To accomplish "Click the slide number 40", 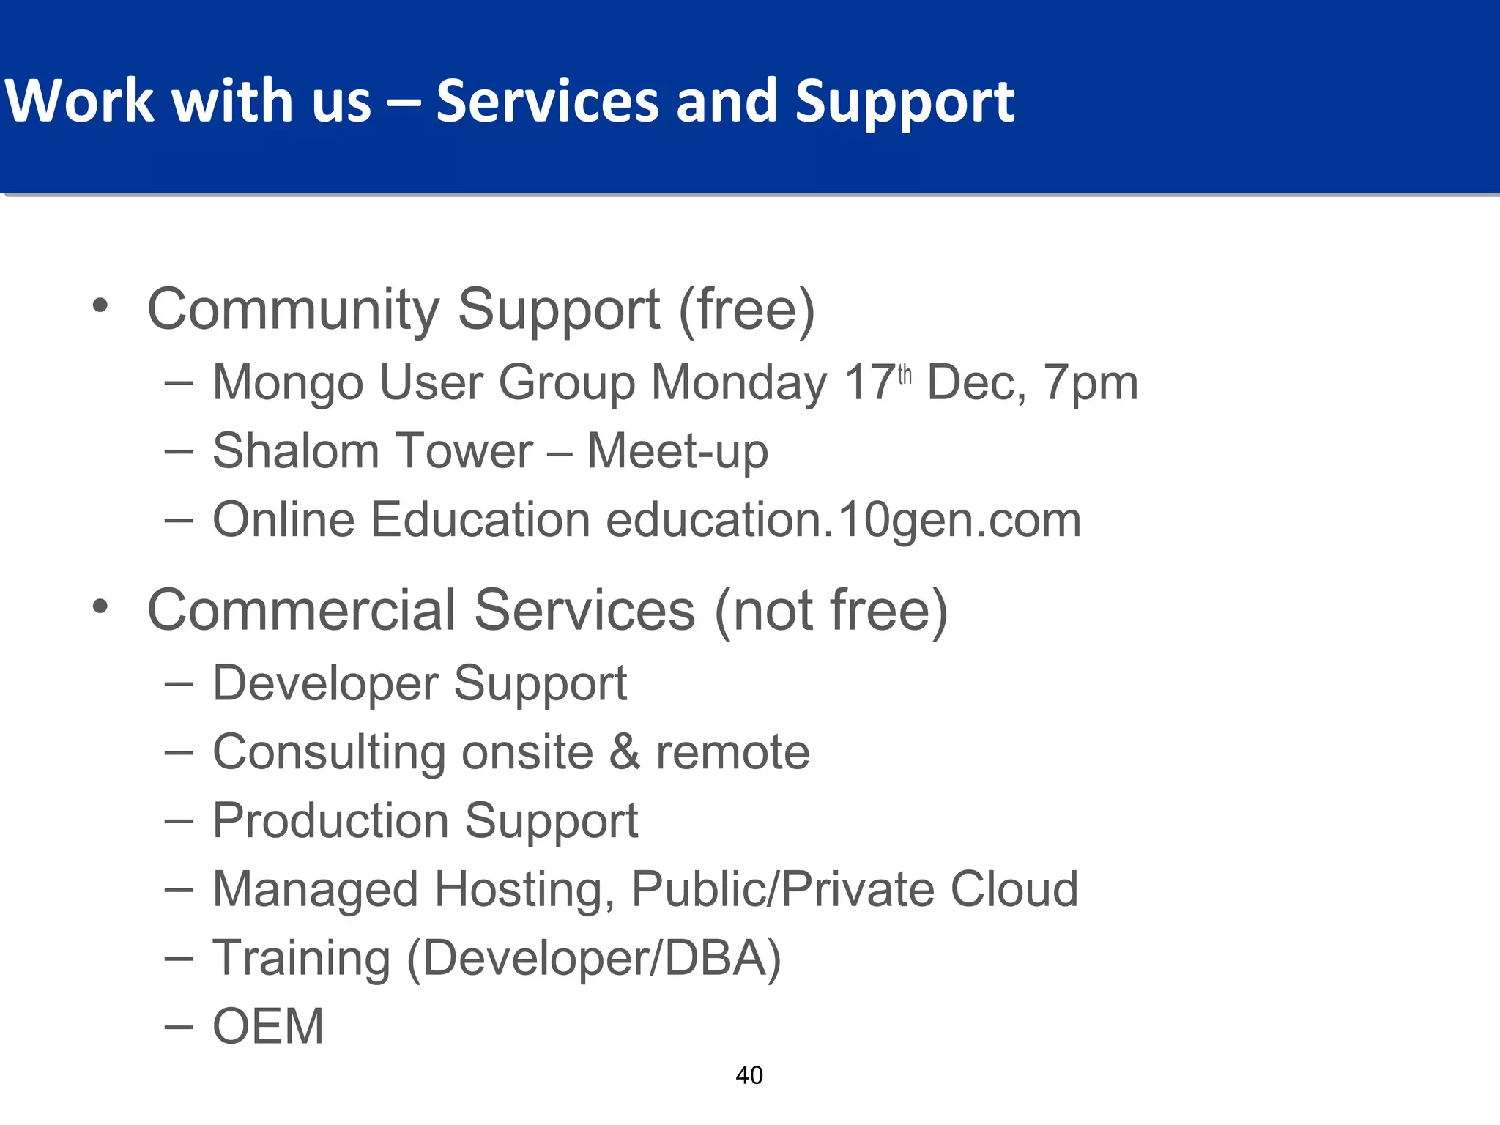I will (749, 1075).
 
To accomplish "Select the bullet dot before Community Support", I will (100, 305).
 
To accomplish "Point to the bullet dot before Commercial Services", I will (100, 606).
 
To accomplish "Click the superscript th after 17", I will (905, 374).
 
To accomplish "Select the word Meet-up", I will (677, 452).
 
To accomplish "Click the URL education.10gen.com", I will (844, 520).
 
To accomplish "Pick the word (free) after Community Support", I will (747, 310).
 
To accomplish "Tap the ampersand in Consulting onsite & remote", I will (625, 752).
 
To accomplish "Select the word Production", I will (330, 820).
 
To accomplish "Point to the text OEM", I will (268, 1026).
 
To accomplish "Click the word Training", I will (302, 959).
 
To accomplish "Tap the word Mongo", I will (288, 383).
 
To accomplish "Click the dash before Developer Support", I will (179, 683).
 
